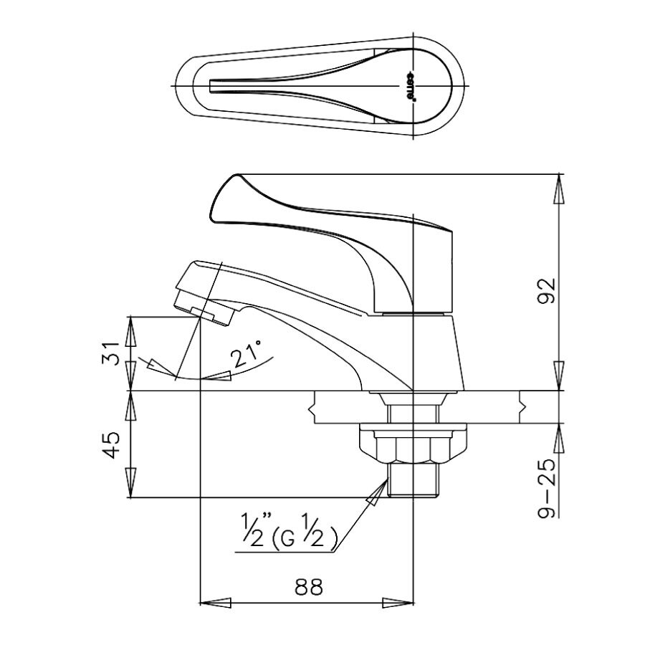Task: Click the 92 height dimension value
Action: [x=547, y=291]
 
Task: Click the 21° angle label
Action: [x=247, y=354]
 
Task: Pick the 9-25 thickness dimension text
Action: [x=547, y=489]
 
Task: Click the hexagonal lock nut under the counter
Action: [x=413, y=446]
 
